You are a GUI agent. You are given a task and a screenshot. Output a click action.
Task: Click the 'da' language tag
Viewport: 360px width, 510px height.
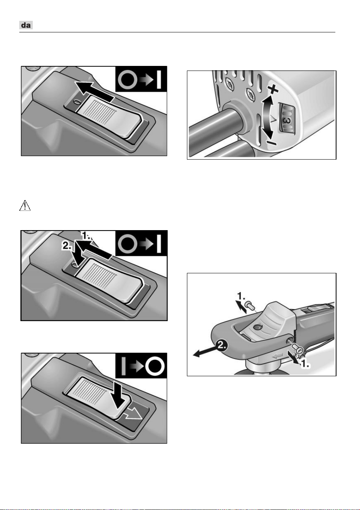[26, 25]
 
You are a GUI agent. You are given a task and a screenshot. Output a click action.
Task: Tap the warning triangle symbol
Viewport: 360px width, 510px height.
[25, 205]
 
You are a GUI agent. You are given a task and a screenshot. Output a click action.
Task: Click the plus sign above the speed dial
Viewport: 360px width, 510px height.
[273, 90]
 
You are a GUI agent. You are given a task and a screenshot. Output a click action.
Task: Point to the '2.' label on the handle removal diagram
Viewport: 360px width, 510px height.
[221, 346]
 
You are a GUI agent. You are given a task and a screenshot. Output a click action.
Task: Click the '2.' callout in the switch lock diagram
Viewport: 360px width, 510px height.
[67, 246]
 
